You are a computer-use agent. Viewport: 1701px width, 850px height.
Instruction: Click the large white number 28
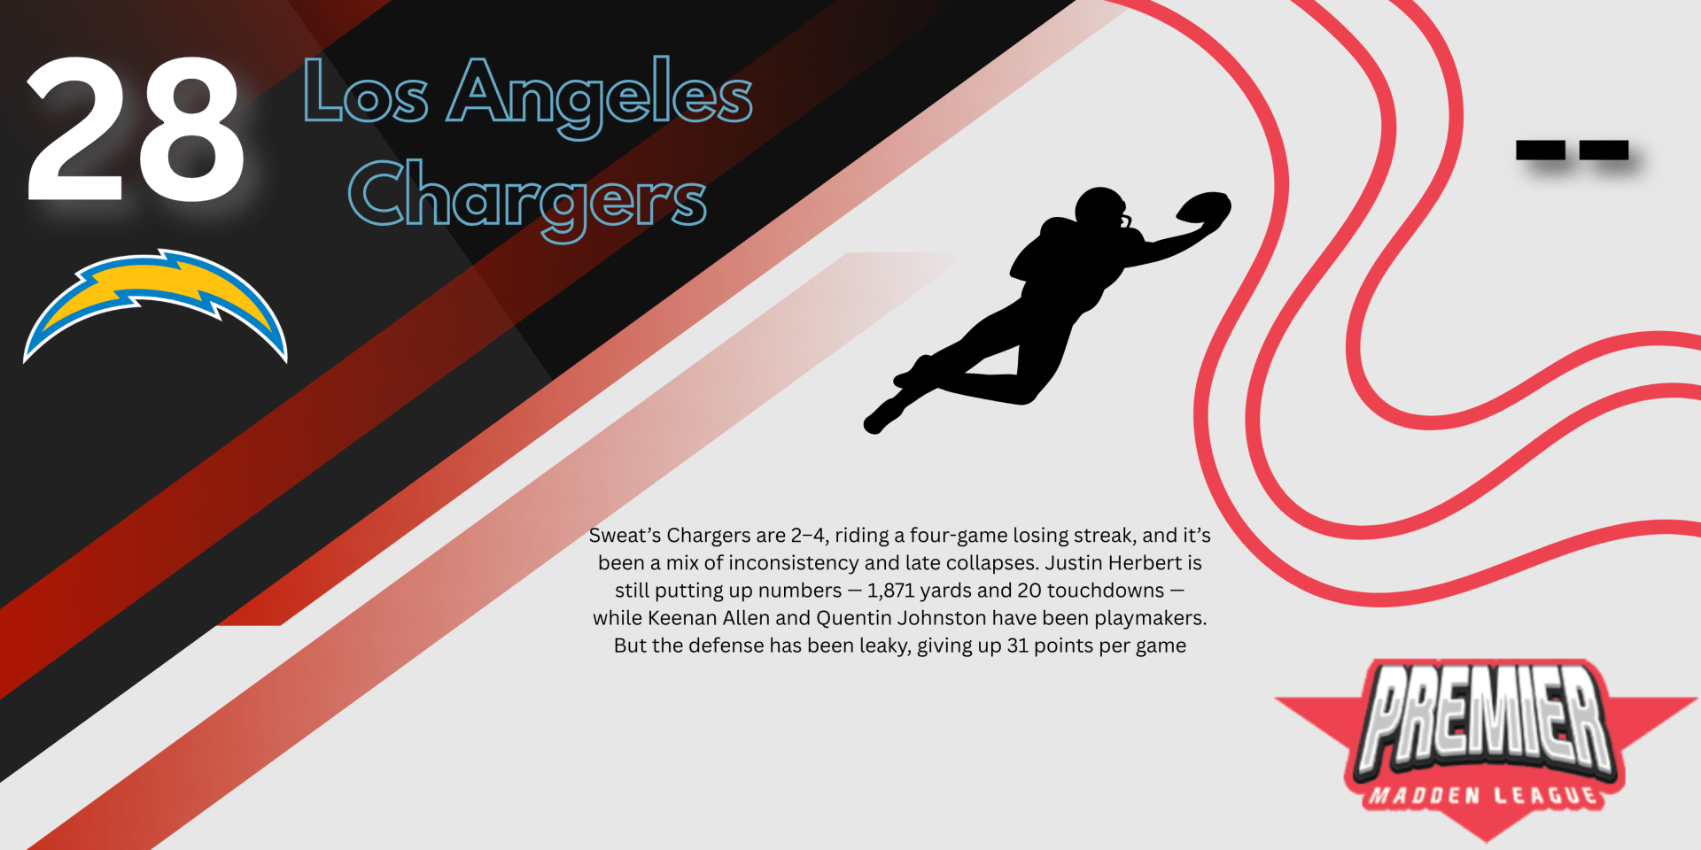[x=136, y=129]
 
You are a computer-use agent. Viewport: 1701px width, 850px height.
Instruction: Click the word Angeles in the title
[x=600, y=96]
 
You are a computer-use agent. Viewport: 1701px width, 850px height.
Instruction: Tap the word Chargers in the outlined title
[x=528, y=197]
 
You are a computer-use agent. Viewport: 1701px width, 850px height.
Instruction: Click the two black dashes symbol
[x=1572, y=150]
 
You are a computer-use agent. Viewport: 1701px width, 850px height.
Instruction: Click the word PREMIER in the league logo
[x=1486, y=715]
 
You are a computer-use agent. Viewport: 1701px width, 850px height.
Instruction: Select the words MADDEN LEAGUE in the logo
[x=1485, y=794]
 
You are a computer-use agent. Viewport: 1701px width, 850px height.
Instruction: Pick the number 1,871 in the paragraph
[x=890, y=591]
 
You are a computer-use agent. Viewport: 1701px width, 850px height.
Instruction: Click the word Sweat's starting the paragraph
[x=625, y=536]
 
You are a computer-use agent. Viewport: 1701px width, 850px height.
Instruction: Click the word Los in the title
[x=366, y=93]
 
